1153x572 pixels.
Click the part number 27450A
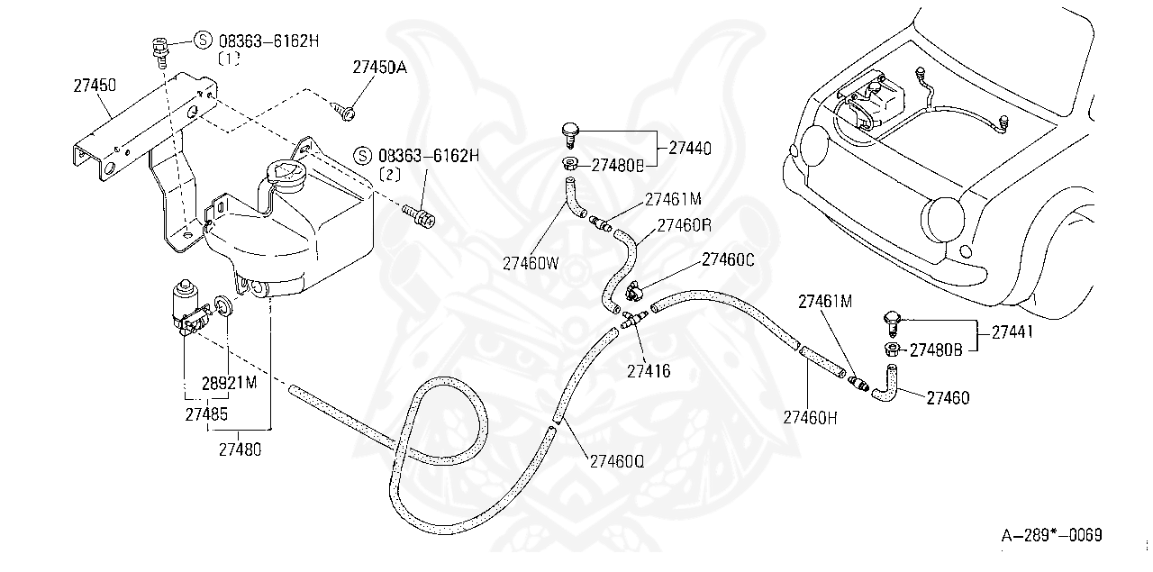[x=379, y=68]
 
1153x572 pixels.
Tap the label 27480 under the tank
[x=240, y=448]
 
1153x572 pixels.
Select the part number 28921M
[x=228, y=382]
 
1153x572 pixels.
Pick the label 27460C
[x=729, y=261]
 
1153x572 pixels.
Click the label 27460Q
[x=617, y=459]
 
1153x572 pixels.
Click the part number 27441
[x=1012, y=331]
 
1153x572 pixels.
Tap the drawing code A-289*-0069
[x=1052, y=536]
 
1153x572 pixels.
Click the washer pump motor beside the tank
[x=187, y=304]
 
